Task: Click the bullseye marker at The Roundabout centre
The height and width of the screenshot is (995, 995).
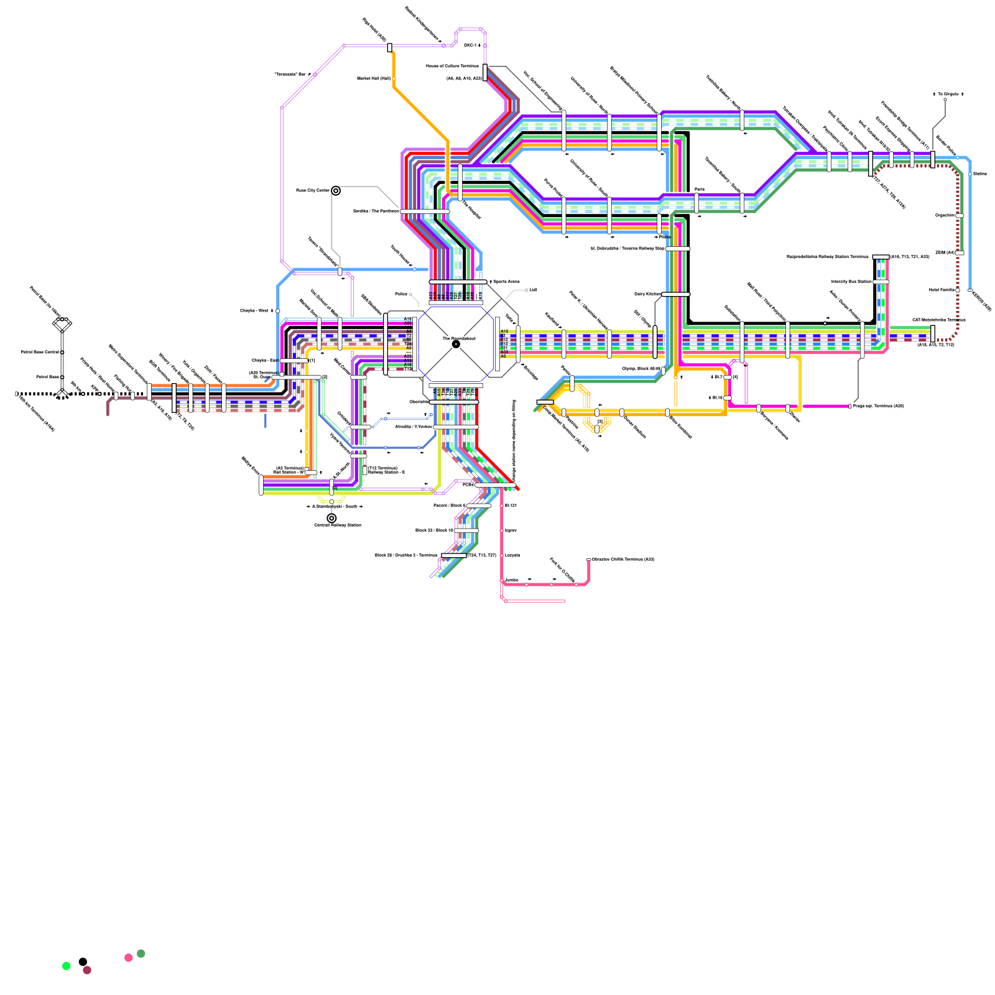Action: pyautogui.click(x=456, y=344)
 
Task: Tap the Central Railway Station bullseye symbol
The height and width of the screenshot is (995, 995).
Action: pyautogui.click(x=331, y=518)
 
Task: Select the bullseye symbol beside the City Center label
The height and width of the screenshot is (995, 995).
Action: pyautogui.click(x=336, y=191)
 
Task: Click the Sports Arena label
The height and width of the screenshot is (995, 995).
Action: pyautogui.click(x=506, y=282)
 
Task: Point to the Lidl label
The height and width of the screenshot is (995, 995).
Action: pyautogui.click(x=533, y=290)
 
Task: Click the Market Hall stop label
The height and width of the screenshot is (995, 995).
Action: pyautogui.click(x=374, y=78)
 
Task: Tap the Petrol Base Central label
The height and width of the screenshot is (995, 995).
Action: pyautogui.click(x=40, y=352)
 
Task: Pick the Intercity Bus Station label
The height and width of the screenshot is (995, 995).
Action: pyautogui.click(x=851, y=282)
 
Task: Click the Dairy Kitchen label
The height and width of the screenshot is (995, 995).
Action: pyautogui.click(x=647, y=294)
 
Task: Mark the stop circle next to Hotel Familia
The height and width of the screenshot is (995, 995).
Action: pyautogui.click(x=958, y=290)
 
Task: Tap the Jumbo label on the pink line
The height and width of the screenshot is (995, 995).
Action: pyautogui.click(x=511, y=580)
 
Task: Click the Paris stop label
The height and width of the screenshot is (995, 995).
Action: pyautogui.click(x=700, y=189)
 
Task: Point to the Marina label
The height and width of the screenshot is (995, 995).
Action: pyautogui.click(x=980, y=174)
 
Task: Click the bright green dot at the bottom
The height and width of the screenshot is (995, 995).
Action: pyautogui.click(x=67, y=966)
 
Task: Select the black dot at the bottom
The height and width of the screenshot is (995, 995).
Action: pyautogui.click(x=83, y=962)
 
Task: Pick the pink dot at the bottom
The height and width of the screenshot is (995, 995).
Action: pyautogui.click(x=129, y=958)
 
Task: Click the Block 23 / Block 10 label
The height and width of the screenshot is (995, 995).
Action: pyautogui.click(x=435, y=530)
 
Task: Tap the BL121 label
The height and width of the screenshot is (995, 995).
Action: pyautogui.click(x=511, y=506)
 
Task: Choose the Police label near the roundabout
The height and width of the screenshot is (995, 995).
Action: pyautogui.click(x=401, y=294)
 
